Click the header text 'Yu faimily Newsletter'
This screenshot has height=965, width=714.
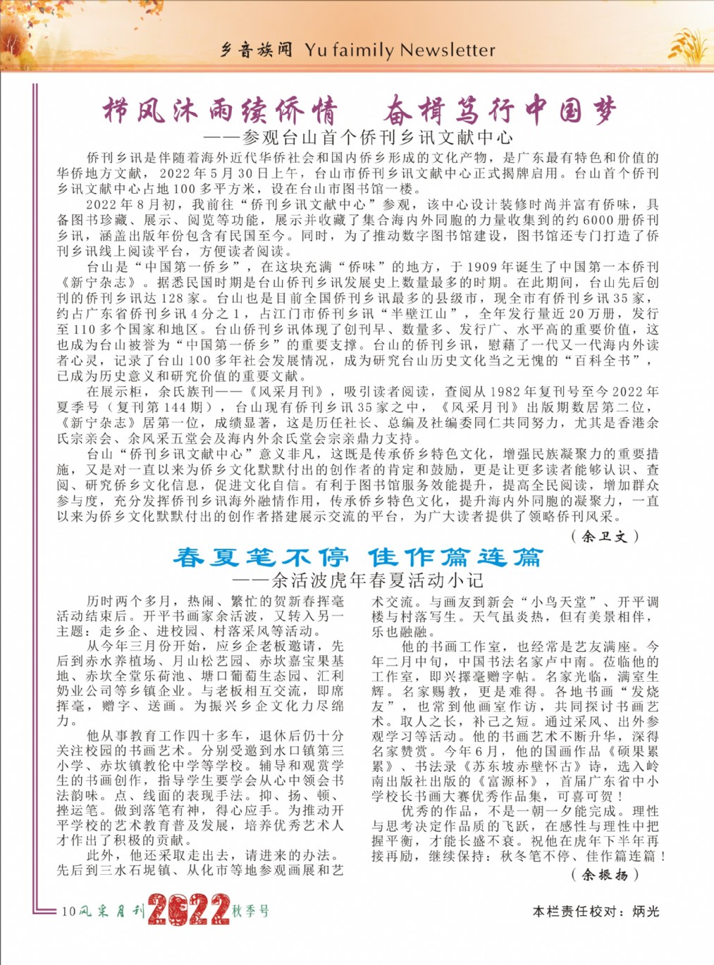coord(400,50)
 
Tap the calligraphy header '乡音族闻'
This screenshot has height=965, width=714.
coord(256,50)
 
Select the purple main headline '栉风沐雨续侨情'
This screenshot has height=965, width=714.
coord(221,111)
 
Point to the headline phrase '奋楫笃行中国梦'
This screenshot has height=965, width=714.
coord(500,111)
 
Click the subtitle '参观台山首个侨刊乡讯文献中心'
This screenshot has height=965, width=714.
coord(377,137)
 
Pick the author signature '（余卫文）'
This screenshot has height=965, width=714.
coord(605,536)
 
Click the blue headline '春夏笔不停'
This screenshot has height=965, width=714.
coord(261,558)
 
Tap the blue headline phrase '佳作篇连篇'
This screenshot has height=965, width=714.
coord(456,558)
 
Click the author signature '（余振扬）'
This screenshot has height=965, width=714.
coord(605,875)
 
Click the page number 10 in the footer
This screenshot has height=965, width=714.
coord(68,911)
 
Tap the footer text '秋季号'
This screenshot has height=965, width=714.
coord(251,911)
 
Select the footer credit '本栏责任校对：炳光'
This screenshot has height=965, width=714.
coord(596,911)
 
